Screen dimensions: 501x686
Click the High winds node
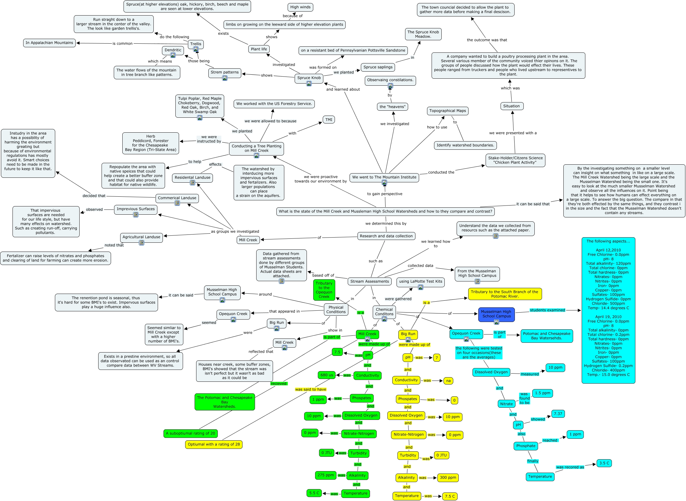point(300,7)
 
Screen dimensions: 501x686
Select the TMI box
point(329,120)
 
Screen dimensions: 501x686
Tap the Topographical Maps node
point(447,111)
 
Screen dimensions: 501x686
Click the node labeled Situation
point(511,106)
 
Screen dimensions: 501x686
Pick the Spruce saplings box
point(378,67)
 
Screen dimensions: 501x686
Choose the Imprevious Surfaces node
point(136,209)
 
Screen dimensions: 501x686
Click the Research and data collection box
point(386,236)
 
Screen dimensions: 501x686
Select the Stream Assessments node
point(369,281)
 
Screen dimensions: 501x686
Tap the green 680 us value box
point(327,375)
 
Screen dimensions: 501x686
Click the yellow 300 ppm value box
point(448,478)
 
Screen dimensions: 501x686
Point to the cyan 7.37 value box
point(558,414)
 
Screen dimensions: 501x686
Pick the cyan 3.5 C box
point(604,463)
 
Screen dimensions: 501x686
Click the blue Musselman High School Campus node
point(496,314)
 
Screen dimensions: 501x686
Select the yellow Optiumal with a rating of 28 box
point(214,444)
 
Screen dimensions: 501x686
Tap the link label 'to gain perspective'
point(385,194)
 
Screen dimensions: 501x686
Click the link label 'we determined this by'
point(386,224)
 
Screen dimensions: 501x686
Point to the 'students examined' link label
point(547,310)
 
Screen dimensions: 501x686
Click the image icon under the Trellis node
point(196,49)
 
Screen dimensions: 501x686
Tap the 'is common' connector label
point(122,44)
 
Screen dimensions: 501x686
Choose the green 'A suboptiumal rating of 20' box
point(190,433)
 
